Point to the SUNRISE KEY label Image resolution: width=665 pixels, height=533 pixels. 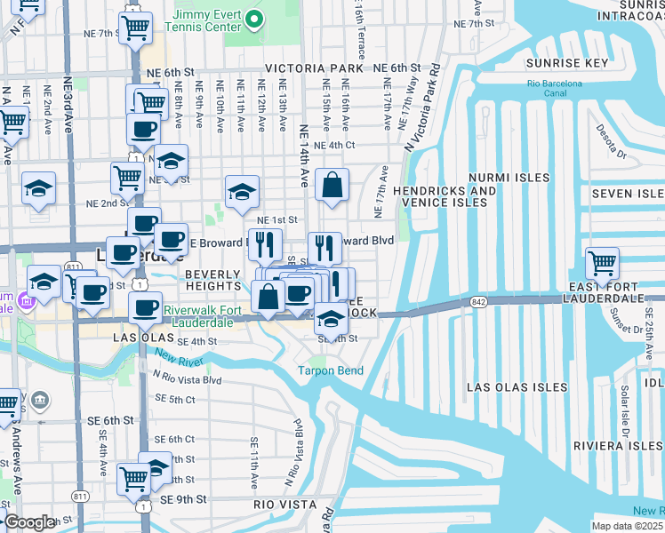coord(566,63)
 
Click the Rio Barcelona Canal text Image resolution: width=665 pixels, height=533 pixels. coord(554,89)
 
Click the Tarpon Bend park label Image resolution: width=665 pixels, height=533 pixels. coord(330,370)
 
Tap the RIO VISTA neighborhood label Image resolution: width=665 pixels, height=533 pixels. coord(282,504)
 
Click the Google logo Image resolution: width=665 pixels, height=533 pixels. coord(29,522)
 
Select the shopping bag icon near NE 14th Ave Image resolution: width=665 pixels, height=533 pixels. coord(331,186)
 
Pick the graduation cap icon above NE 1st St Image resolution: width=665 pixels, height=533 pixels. coord(242,192)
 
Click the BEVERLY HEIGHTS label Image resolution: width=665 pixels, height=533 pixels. coord(212,280)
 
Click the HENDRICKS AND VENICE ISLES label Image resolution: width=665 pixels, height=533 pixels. coord(445,196)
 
